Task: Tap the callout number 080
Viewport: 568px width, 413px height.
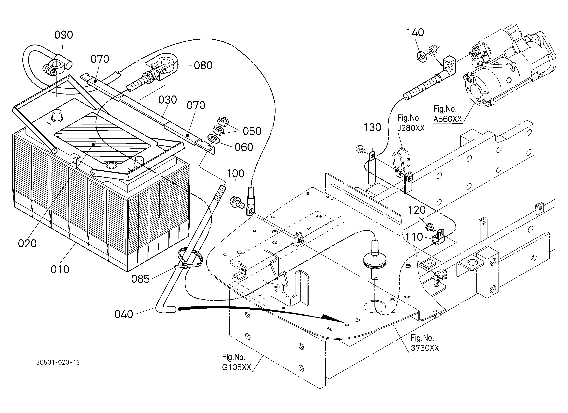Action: pos(203,65)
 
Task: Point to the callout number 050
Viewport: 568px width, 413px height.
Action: pos(252,131)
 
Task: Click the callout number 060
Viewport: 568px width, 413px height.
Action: pos(244,147)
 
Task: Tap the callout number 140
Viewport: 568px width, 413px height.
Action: pos(415,33)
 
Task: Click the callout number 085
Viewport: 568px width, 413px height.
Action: pos(140,279)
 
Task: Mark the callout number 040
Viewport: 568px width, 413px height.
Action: pos(124,314)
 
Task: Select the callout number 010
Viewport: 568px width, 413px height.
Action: pos(60,270)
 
